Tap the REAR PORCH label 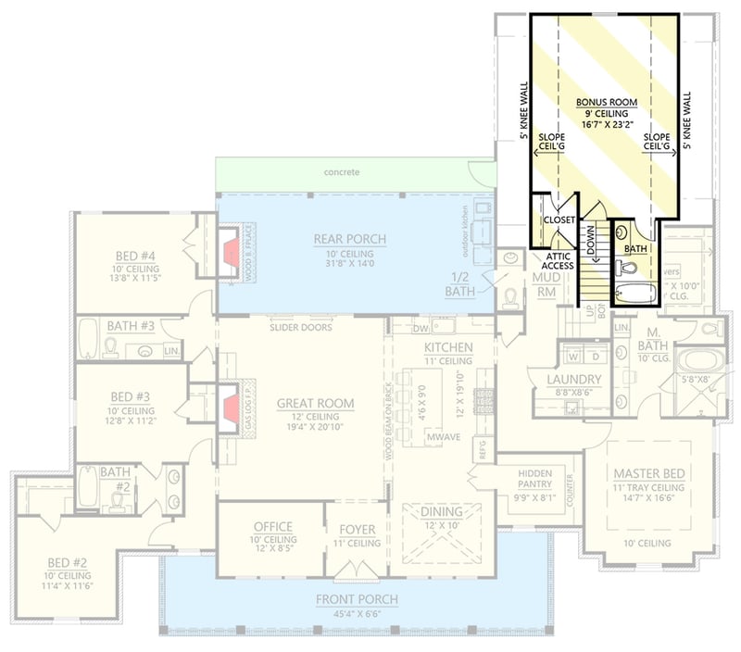tap(349, 240)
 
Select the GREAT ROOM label tap(316, 403)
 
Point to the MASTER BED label tap(648, 473)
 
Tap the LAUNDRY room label tap(572, 380)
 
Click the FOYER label tap(357, 530)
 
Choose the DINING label tap(440, 511)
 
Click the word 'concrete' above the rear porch tap(341, 173)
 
